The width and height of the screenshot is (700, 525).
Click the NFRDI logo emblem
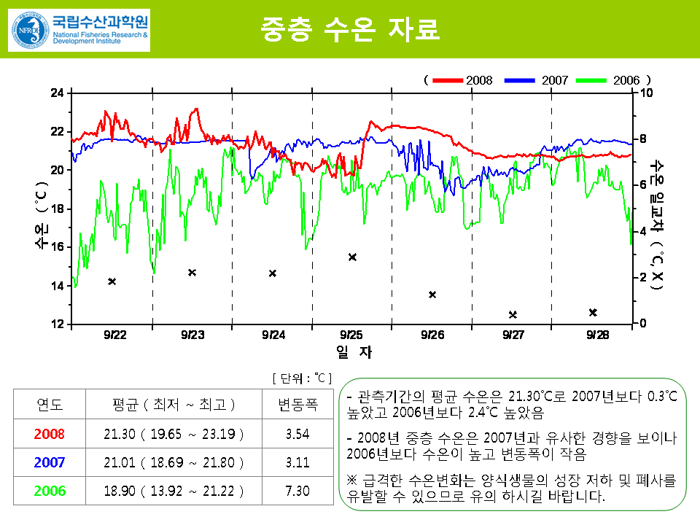28,30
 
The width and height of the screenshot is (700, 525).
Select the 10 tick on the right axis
645,93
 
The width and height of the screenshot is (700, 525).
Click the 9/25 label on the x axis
351,335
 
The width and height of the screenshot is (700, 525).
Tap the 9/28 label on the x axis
597,335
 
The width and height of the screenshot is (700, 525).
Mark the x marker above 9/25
352,257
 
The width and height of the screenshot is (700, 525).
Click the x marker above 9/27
513,315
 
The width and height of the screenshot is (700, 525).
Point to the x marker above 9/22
112,281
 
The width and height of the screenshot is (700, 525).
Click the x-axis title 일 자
354,352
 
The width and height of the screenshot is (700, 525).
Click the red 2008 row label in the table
50,434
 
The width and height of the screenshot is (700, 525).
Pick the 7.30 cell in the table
297,491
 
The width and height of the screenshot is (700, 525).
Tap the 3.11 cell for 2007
297,462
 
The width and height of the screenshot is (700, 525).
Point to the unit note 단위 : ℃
301,378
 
